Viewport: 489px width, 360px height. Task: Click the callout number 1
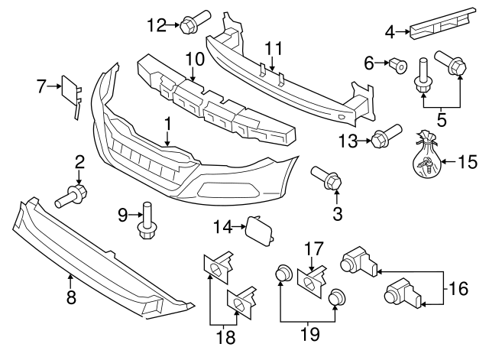[x=167, y=122]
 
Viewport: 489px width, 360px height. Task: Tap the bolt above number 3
[x=326, y=177]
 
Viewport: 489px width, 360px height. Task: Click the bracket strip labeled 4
[x=439, y=25]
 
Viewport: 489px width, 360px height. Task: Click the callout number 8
[x=71, y=298]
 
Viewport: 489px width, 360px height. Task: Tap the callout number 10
[x=193, y=58]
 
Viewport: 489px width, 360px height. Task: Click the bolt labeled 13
[x=382, y=137]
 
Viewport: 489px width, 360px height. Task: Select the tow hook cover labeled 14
[x=254, y=227]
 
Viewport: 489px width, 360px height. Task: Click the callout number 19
[x=309, y=333]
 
